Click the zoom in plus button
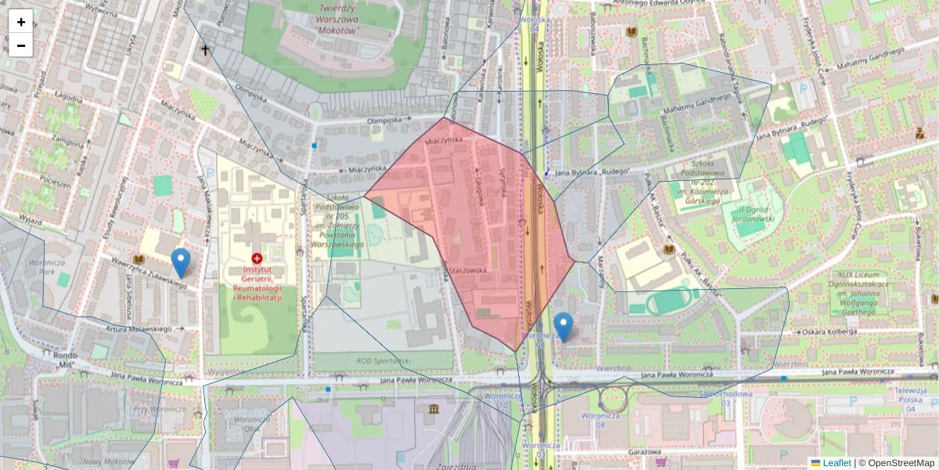(x=21, y=22)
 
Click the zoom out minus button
(x=21, y=45)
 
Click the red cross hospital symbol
(x=257, y=258)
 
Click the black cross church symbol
(x=205, y=50)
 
